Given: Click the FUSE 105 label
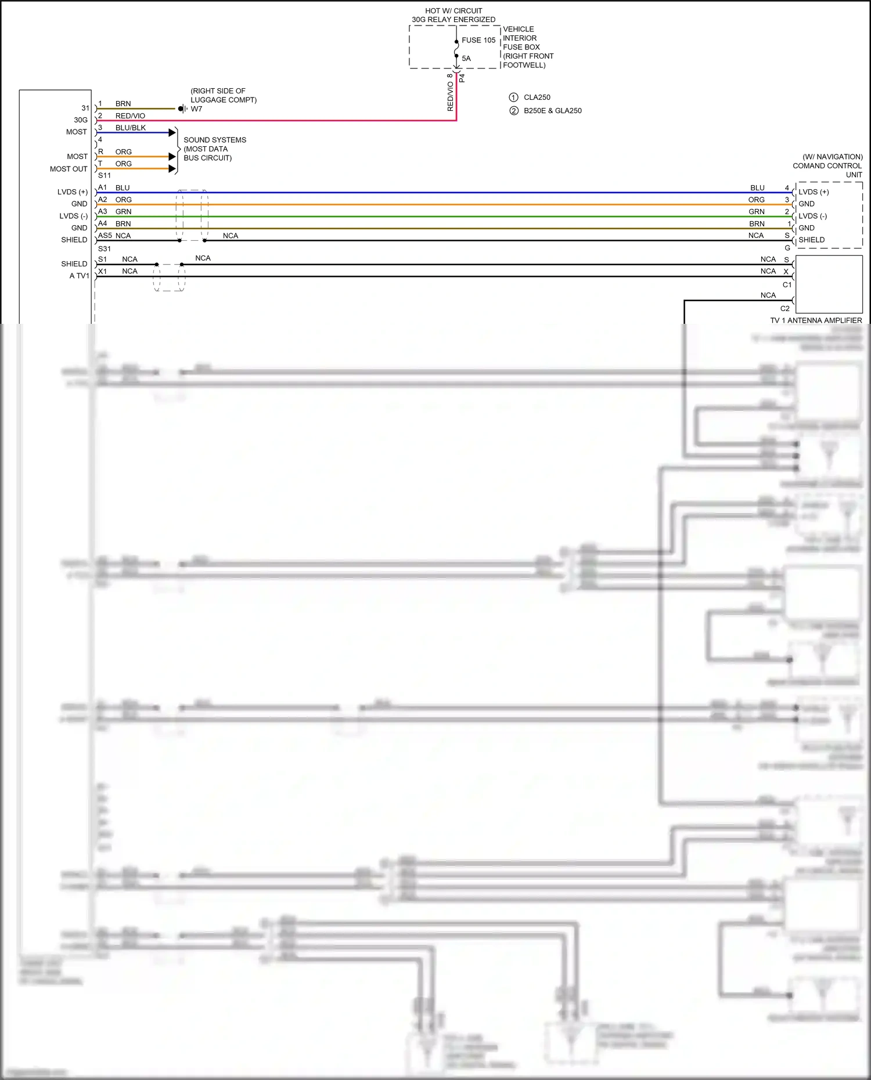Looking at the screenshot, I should pyautogui.click(x=478, y=40).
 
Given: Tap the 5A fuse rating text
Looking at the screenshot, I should pyautogui.click(x=466, y=59).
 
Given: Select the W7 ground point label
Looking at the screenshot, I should pyautogui.click(x=196, y=109).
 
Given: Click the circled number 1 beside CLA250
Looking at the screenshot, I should pyautogui.click(x=513, y=97).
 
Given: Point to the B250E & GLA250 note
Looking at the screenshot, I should pyautogui.click(x=552, y=111).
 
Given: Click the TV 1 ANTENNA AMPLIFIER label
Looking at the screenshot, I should pyautogui.click(x=816, y=320).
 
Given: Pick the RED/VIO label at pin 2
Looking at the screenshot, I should pyautogui.click(x=130, y=116).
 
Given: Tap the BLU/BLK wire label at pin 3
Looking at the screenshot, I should pyautogui.click(x=130, y=128).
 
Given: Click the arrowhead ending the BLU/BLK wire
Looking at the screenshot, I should pyautogui.click(x=172, y=133).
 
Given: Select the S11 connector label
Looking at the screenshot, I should pyautogui.click(x=105, y=175).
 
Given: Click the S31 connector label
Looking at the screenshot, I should pyautogui.click(x=105, y=249).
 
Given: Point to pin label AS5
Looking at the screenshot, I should pyautogui.click(x=105, y=236).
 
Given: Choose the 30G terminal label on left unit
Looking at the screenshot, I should pyautogui.click(x=81, y=120).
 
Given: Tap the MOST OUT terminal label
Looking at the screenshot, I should pyautogui.click(x=69, y=169).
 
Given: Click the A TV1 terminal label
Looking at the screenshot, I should pyautogui.click(x=79, y=276).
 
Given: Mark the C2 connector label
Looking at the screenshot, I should pyautogui.click(x=785, y=309).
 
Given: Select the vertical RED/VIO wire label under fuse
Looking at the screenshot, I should pyautogui.click(x=451, y=96).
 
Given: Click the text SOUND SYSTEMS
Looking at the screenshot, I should pyautogui.click(x=215, y=140).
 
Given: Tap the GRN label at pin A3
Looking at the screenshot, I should pyautogui.click(x=123, y=212).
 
